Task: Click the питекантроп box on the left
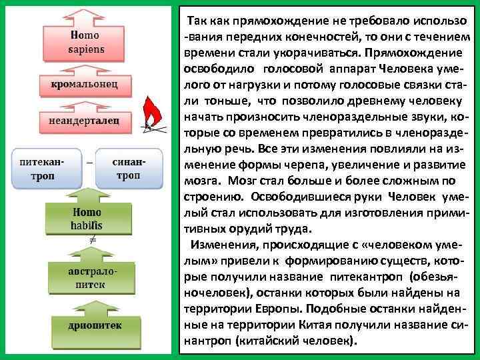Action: pyautogui.click(x=41, y=169)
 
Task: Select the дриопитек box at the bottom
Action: pyautogui.click(x=87, y=325)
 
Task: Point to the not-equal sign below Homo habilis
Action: pyautogui.click(x=94, y=239)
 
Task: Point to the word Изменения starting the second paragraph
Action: pyautogui.click(x=219, y=245)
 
